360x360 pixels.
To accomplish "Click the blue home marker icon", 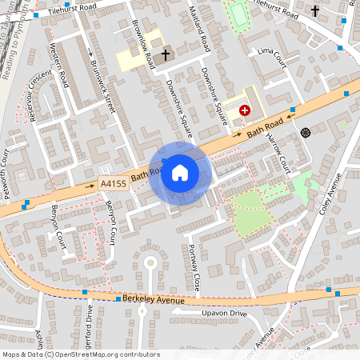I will point(180,173).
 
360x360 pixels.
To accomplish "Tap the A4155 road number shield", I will point(113,184).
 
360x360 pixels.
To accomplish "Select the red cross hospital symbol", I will point(244,111).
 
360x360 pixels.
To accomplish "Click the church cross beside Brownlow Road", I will point(166,55).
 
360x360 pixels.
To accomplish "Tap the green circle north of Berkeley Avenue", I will point(149,262).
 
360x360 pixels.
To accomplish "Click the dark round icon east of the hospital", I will point(305,131).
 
